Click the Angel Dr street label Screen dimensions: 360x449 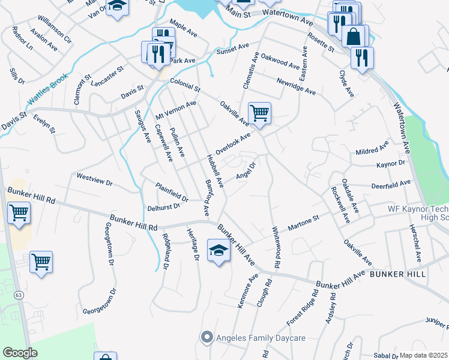point(246,170)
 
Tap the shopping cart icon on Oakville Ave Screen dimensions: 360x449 point(259,112)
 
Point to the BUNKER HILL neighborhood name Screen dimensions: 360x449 point(397,274)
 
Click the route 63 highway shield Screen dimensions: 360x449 point(19,295)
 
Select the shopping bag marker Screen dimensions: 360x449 point(355,36)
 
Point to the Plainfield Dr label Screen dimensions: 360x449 point(172,191)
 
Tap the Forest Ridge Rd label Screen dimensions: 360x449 point(302,308)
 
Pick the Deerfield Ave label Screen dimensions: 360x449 point(391,184)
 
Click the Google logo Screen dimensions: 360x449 point(20,353)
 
